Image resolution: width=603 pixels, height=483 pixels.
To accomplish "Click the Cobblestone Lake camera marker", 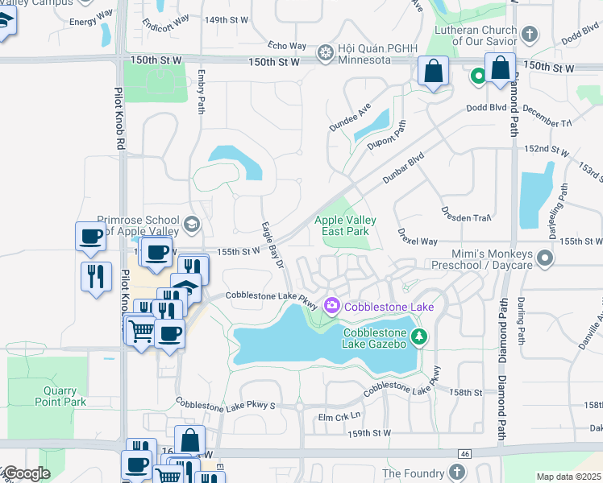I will point(331,305).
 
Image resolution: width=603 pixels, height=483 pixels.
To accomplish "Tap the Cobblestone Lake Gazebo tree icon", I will point(418,336).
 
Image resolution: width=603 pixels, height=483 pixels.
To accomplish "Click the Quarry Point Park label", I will point(60,396).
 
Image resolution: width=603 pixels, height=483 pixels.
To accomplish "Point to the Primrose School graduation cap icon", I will point(191,223).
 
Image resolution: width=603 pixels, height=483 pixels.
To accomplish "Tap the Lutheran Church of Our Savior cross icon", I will point(529,34).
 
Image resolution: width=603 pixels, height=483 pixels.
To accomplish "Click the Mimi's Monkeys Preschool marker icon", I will point(545,258).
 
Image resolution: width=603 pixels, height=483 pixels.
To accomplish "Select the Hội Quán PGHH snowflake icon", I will point(325,54).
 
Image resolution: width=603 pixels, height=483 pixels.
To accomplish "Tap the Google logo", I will point(26,474).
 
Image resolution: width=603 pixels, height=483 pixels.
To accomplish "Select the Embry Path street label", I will point(201,91).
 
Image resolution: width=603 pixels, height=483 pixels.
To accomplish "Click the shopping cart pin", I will point(141,329).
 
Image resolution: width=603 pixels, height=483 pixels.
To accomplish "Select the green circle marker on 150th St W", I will point(477,76).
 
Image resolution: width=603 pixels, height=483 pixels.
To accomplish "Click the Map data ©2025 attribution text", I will point(568,477).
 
